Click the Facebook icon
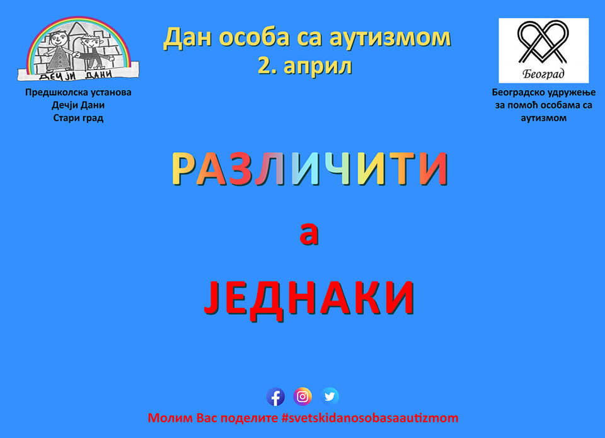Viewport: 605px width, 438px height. tap(275, 397)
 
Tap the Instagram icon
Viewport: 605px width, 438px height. tap(302, 396)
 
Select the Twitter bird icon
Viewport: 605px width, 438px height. tap(330, 396)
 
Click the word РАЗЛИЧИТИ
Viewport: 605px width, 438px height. tap(309, 169)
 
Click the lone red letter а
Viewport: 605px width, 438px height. tap(309, 234)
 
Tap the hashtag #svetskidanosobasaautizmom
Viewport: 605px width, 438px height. tap(370, 418)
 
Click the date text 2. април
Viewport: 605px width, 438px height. tap(305, 66)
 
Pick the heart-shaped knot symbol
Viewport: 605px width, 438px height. tap(543, 42)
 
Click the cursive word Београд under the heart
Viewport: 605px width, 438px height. tap(543, 73)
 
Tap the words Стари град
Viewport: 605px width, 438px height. tap(78, 118)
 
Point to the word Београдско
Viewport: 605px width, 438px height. tap(516, 92)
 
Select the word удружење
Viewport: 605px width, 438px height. tap(570, 93)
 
